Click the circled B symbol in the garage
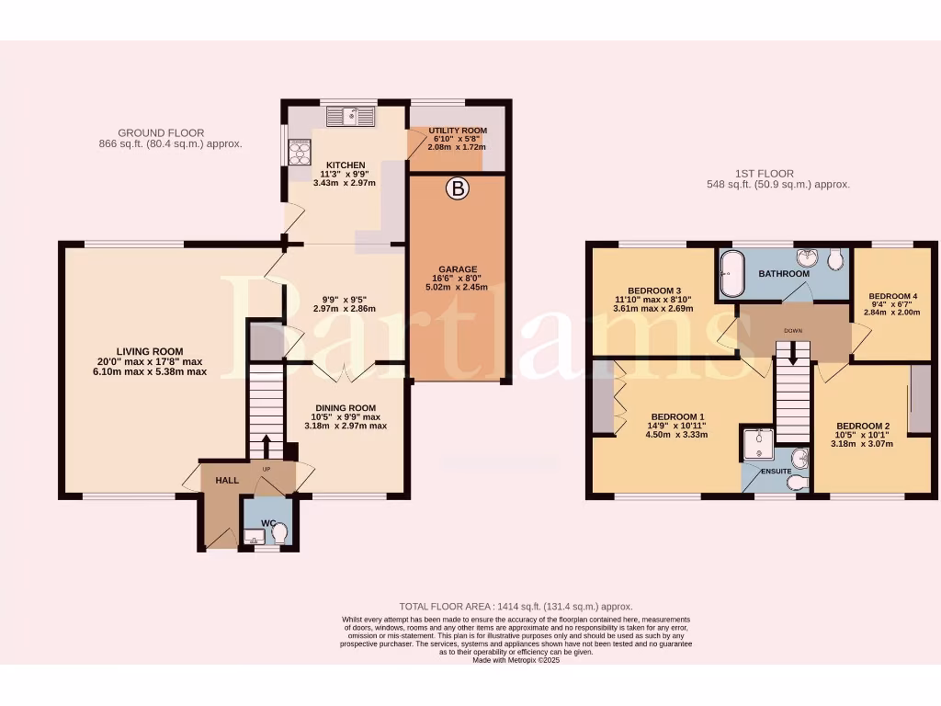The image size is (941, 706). (457, 190)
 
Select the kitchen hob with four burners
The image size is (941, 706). (300, 152)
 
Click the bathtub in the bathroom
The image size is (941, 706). (731, 273)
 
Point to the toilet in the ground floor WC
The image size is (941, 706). (279, 533)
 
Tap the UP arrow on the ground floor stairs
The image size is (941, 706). (267, 446)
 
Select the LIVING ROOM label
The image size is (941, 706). (149, 351)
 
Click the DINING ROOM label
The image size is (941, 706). (346, 408)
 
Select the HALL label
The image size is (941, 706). (227, 481)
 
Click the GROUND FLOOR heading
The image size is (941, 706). (161, 133)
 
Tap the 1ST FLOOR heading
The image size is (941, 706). (765, 173)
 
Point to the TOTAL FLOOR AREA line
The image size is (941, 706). (516, 607)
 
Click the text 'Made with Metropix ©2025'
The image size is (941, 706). (516, 660)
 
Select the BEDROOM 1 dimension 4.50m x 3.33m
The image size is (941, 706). (679, 435)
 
